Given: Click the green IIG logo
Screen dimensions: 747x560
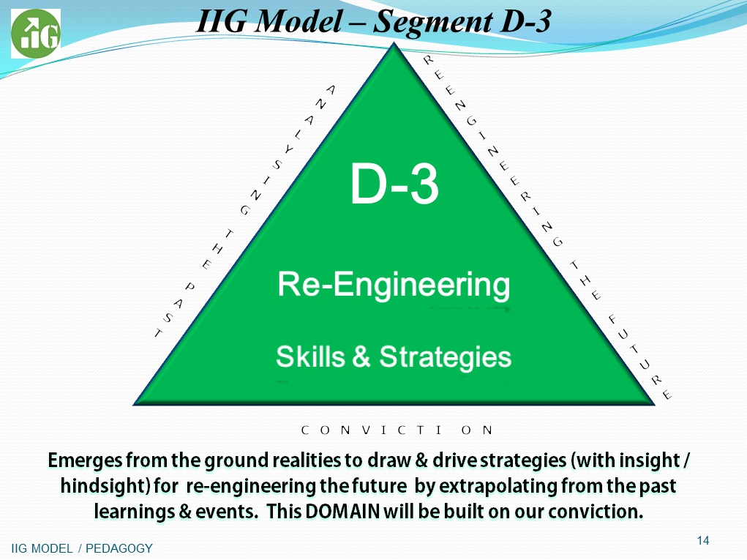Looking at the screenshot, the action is (36, 34).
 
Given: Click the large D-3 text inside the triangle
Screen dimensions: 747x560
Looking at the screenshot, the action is (394, 184).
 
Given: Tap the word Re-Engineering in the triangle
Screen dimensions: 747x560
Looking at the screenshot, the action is (394, 285).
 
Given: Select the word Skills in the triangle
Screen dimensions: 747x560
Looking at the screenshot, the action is (310, 356).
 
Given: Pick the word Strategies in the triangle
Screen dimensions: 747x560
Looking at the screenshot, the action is (445, 357).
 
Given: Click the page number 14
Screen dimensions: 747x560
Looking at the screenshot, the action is (702, 540).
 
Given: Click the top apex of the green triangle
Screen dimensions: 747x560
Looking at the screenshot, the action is (394, 43).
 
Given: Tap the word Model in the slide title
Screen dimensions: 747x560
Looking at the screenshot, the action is (299, 22).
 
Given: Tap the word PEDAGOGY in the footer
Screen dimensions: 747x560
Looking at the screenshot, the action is (119, 548).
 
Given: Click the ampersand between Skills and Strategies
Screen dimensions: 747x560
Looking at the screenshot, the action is (361, 357).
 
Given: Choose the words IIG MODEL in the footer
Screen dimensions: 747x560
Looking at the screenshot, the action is (42, 548).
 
